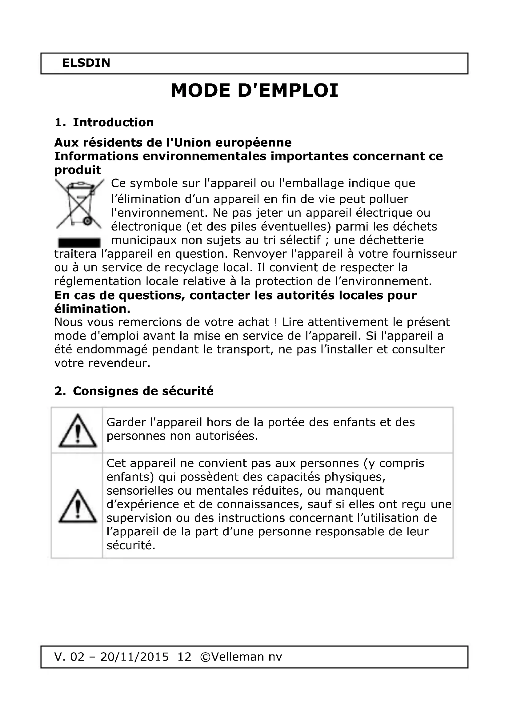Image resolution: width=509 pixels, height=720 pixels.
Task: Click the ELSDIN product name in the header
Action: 86,63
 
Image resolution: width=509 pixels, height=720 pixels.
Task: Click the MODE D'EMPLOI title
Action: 254,91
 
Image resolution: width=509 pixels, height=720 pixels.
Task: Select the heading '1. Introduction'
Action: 104,122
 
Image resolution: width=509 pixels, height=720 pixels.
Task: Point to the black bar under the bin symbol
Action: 79,242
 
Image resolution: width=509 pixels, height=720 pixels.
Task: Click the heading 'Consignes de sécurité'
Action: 143,391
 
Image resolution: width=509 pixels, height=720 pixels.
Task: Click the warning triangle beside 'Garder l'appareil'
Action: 78,431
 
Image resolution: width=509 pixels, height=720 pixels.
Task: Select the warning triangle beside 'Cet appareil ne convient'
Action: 78,506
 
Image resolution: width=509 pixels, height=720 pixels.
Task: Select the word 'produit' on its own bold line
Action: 78,170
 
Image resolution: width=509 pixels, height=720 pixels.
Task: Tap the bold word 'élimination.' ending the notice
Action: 92,309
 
